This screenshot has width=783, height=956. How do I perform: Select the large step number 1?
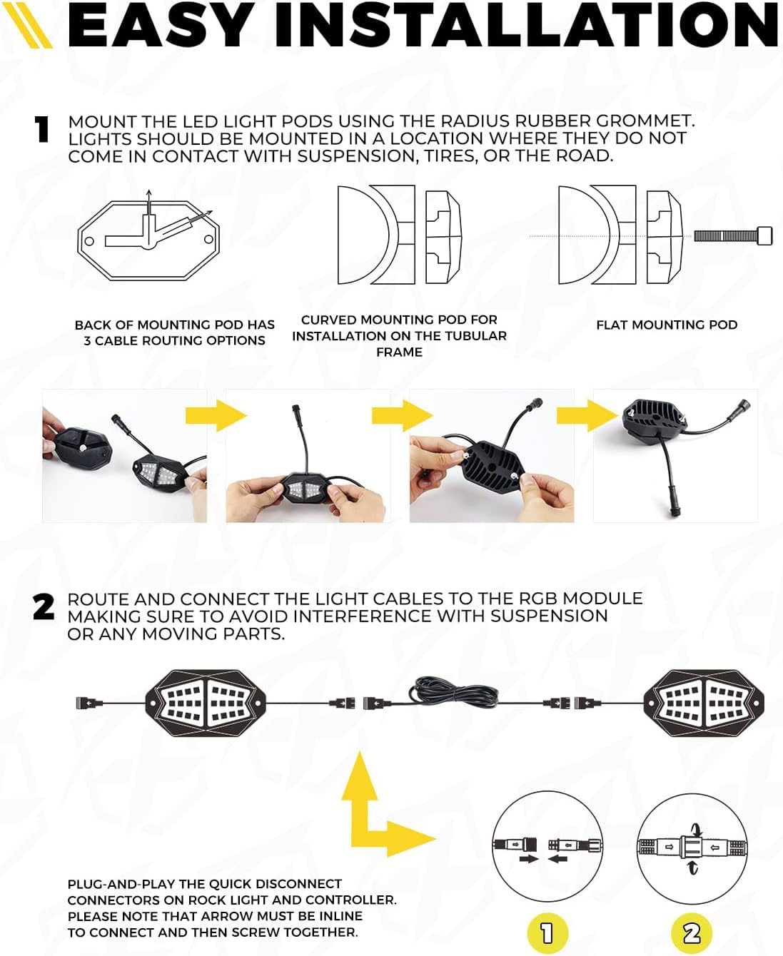coord(42,130)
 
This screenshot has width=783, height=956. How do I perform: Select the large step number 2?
coord(44,606)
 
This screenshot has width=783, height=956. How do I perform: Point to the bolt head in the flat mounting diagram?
coord(764,235)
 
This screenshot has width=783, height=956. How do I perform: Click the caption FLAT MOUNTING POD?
coord(667,325)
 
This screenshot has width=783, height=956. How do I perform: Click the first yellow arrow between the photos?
coord(216,415)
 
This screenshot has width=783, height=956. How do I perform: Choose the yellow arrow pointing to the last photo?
coord(587,415)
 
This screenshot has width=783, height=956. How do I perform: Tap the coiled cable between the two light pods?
coord(454,693)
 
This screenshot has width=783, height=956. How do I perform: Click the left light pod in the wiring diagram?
coord(206,703)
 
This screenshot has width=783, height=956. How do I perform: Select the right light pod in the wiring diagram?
coord(704,703)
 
